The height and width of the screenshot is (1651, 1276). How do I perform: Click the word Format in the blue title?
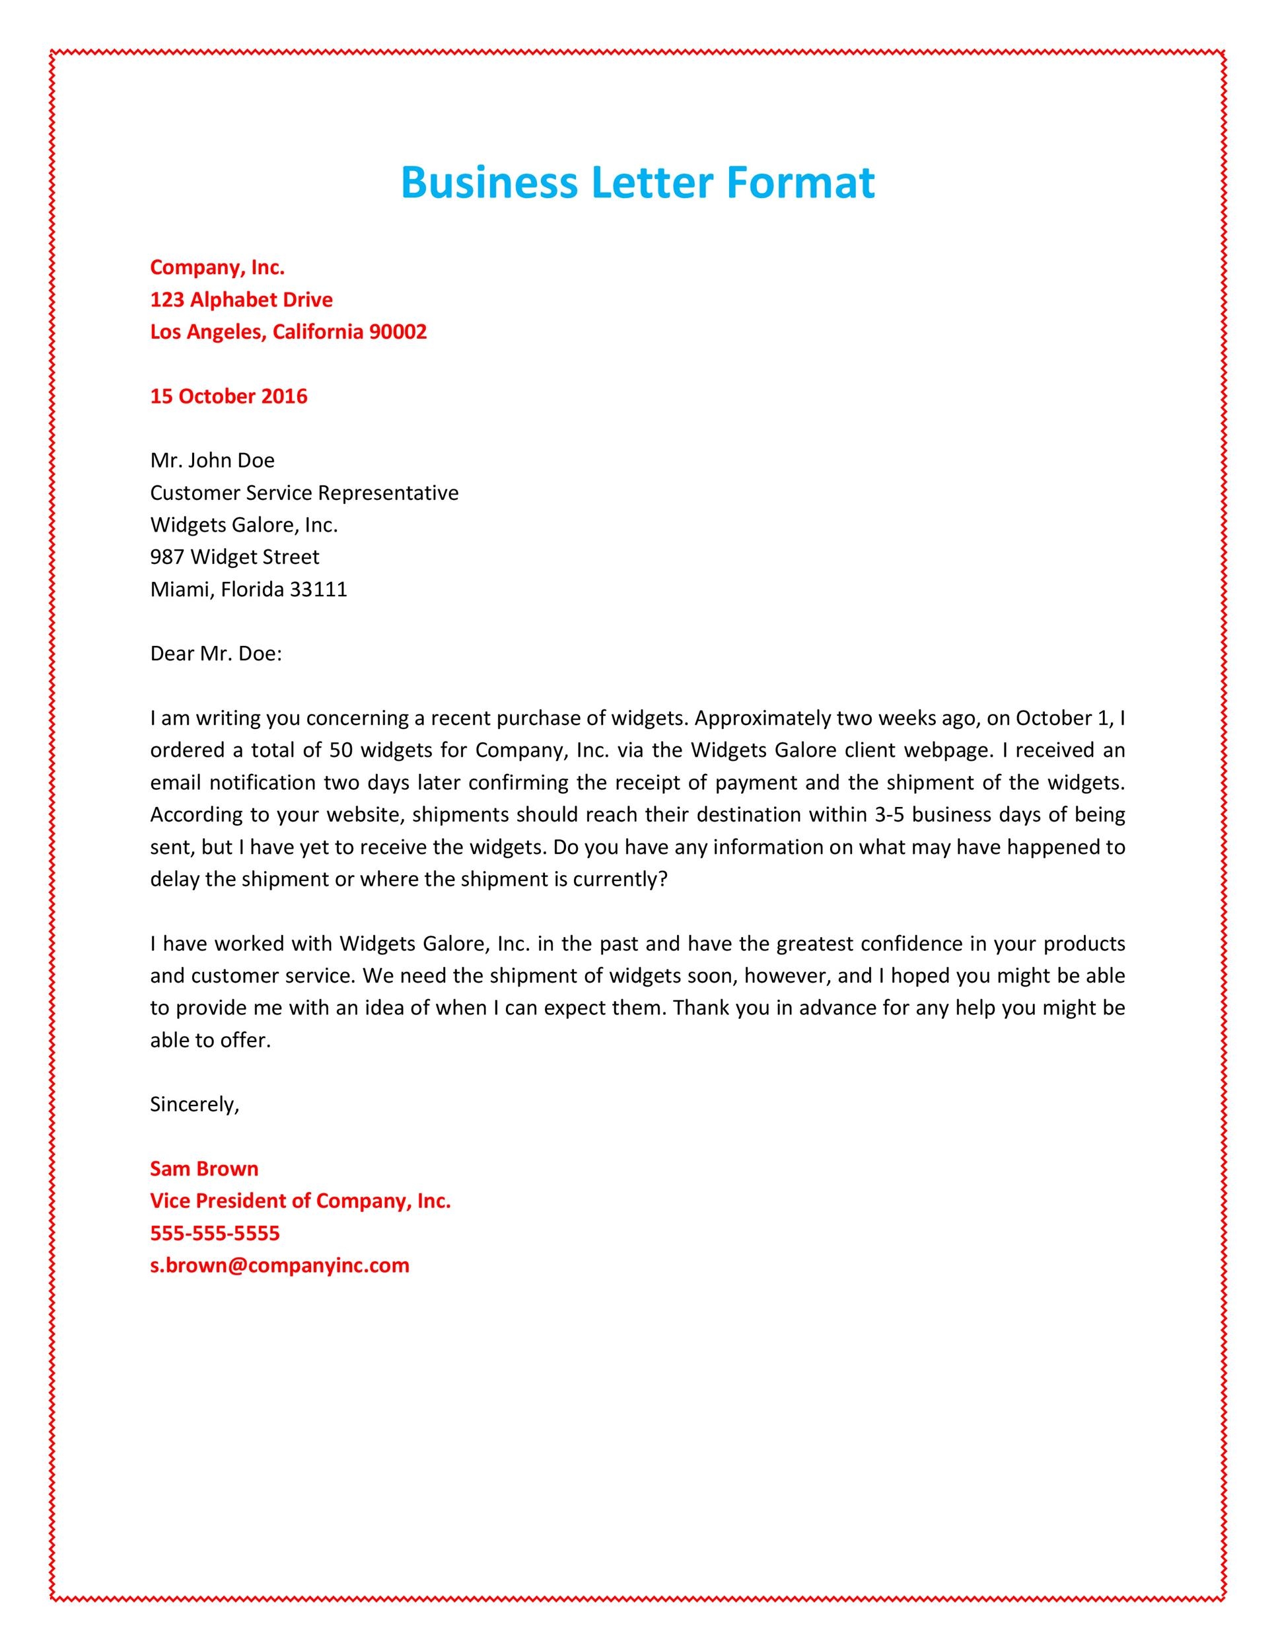[x=800, y=183]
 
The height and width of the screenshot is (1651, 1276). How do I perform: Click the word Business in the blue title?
[x=488, y=183]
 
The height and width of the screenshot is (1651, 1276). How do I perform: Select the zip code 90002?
[x=398, y=332]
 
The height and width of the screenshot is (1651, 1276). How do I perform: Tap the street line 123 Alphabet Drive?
[x=241, y=299]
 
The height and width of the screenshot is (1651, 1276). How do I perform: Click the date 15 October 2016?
[x=229, y=396]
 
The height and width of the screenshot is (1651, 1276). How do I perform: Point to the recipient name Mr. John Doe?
[x=213, y=460]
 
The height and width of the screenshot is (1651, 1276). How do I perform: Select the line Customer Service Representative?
[x=304, y=493]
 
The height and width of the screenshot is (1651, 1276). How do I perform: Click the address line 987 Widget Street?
[x=234, y=557]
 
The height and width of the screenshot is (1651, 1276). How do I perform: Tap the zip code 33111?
[x=318, y=590]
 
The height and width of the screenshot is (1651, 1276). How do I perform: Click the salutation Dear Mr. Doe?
[x=215, y=654]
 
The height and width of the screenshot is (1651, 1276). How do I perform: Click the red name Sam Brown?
[x=204, y=1169]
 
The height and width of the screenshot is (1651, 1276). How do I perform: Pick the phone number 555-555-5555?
[x=215, y=1233]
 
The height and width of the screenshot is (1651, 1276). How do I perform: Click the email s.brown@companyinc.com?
[x=279, y=1265]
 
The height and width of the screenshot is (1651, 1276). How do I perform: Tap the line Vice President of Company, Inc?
[x=300, y=1201]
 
